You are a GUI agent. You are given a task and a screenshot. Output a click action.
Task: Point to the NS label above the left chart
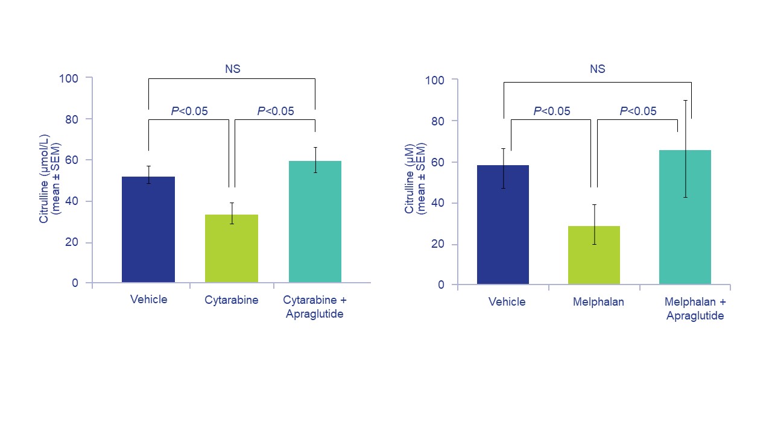233,69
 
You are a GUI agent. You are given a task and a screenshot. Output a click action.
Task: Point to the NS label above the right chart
597,69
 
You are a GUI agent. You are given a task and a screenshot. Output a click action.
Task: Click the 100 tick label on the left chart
68,78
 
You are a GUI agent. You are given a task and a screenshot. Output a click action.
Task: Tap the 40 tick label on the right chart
437,203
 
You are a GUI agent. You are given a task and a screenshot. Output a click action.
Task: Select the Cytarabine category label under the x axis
232,300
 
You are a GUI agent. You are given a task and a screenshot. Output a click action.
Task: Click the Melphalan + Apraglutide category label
695,309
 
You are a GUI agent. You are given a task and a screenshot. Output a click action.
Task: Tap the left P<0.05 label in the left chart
189,111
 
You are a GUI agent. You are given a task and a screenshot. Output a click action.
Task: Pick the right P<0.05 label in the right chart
638,111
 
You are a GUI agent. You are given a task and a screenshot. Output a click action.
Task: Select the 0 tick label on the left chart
75,283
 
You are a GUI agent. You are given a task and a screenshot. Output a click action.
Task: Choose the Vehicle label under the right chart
507,302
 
